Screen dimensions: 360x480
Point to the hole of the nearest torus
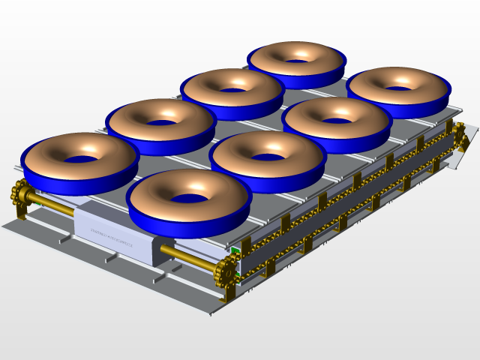(188, 199)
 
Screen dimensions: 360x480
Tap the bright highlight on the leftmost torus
(90, 145)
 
